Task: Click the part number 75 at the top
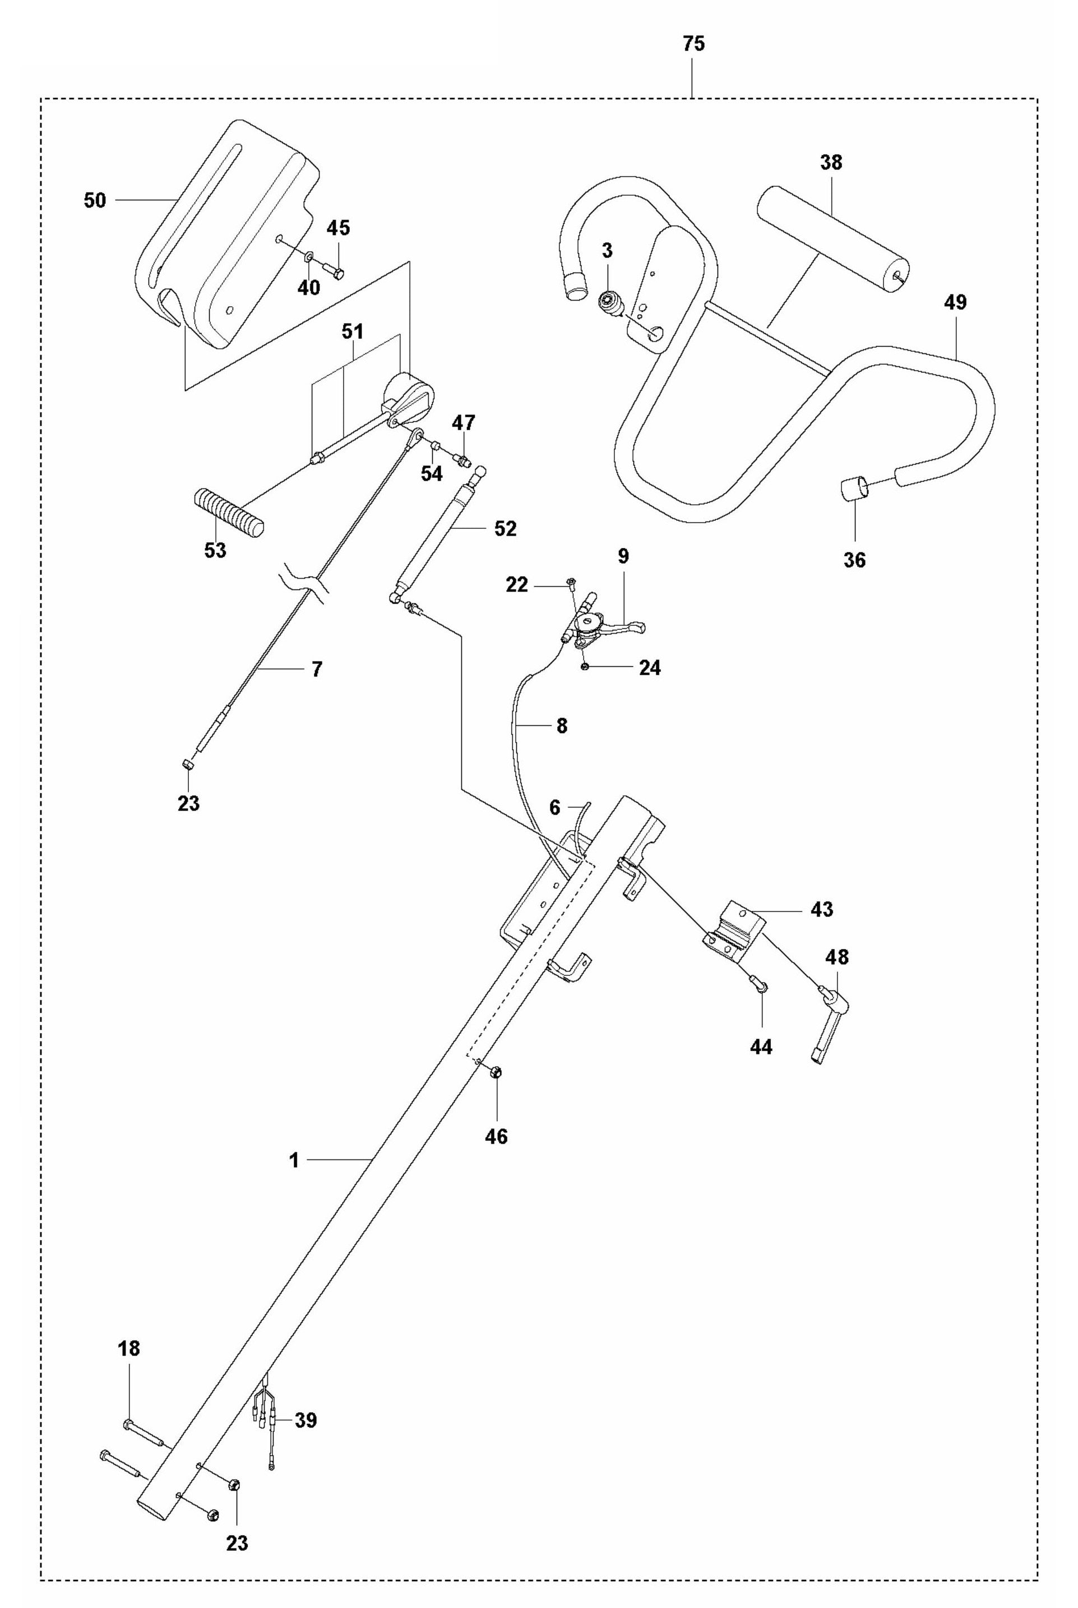point(693,44)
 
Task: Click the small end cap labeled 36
point(851,491)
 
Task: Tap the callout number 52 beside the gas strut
point(505,529)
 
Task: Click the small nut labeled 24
point(584,666)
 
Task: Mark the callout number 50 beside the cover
point(95,200)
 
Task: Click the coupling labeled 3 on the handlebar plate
point(608,301)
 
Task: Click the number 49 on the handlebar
point(955,302)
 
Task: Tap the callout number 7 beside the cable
point(316,669)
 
